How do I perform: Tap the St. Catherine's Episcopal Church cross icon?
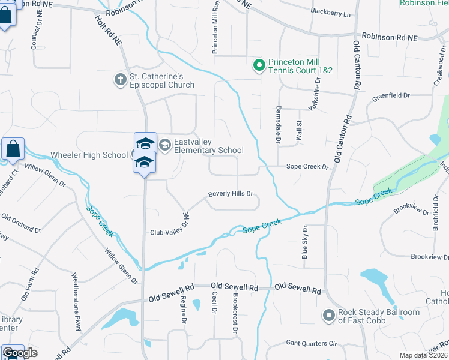121,79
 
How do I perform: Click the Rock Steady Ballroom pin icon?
328,315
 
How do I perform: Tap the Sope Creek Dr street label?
307,167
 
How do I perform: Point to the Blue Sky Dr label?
305,242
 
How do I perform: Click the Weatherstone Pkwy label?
76,296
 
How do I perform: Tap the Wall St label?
298,131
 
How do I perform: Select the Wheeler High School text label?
89,155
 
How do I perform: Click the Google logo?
20,353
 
